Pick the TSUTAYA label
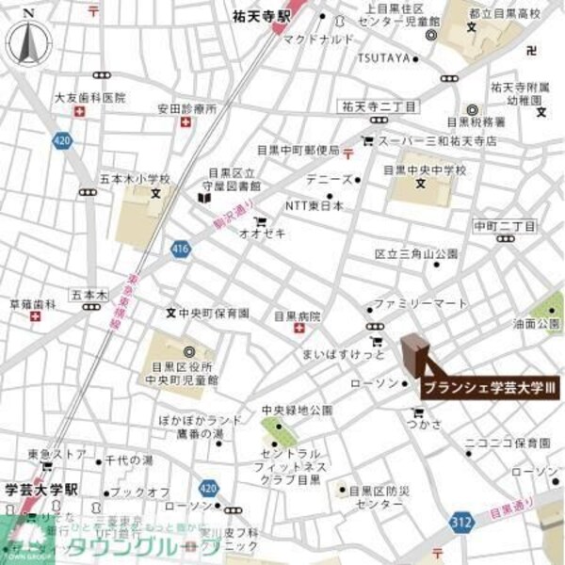(384, 57)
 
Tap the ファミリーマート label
(421, 304)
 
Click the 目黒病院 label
(298, 316)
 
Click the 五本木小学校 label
(135, 178)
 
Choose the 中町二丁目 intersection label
(505, 226)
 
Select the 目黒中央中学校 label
(431, 169)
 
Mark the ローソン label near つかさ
(374, 383)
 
